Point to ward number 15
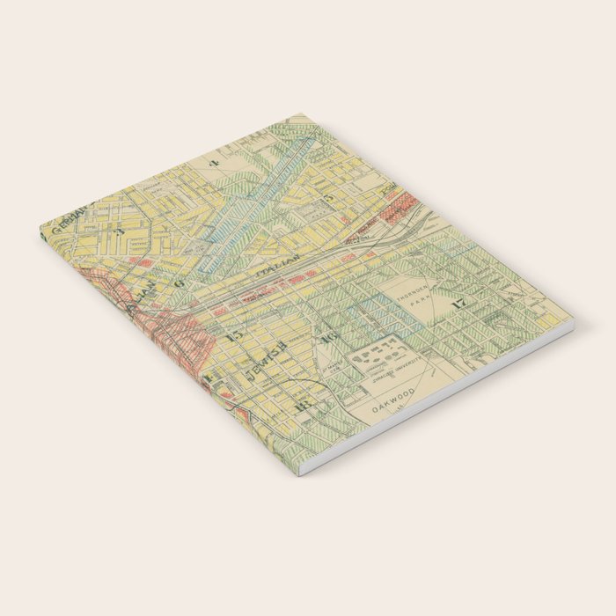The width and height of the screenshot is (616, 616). tap(233, 335)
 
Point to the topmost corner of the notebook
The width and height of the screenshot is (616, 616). tap(302, 114)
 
